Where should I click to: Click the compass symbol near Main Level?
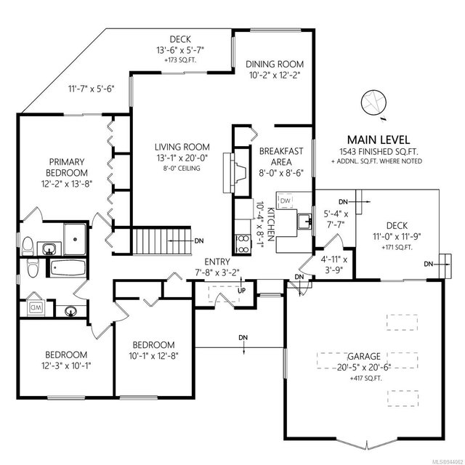[373, 102]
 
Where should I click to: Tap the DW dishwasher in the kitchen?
[286, 201]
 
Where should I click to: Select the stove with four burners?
[243, 243]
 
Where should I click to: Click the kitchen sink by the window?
[304, 221]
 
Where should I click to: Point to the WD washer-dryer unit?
[36, 307]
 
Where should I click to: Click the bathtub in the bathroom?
[68, 268]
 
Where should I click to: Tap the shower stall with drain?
[75, 239]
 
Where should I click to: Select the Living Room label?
[182, 147]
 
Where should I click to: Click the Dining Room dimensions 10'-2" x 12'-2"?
[275, 75]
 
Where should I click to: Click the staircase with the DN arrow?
[161, 240]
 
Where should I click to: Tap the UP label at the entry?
[242, 291]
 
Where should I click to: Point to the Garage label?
[364, 356]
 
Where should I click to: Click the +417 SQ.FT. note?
[366, 379]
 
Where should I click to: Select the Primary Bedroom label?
[67, 167]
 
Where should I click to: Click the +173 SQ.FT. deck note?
[180, 60]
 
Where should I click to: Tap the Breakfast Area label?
[281, 157]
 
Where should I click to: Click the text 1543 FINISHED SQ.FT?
[379, 152]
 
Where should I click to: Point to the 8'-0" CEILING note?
[182, 168]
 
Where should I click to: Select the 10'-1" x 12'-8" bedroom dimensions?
[153, 355]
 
